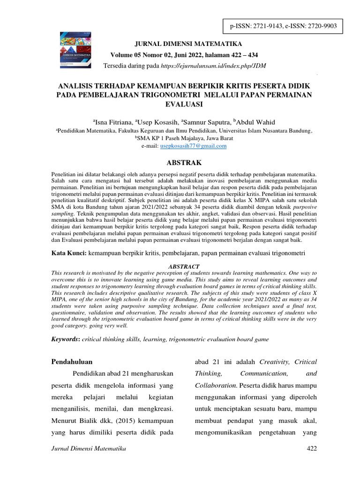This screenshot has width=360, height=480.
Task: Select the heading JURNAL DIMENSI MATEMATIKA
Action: click(188, 44)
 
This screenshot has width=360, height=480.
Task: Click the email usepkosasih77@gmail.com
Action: click(193, 146)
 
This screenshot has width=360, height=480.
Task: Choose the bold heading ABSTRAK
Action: click(180, 163)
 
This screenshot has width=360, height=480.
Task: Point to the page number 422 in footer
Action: click(311, 449)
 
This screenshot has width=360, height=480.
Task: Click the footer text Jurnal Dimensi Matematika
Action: click(89, 449)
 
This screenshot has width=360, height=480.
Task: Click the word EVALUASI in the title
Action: click(180, 104)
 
